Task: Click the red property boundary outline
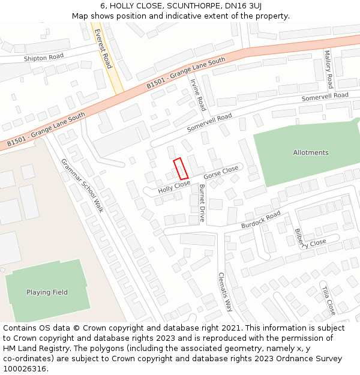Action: [181, 169]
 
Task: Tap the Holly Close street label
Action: [174, 187]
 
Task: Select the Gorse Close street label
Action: [221, 173]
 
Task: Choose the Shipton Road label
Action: [43, 58]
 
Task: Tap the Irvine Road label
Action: [198, 95]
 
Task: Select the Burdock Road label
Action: [261, 220]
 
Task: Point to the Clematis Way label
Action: [225, 292]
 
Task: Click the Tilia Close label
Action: [328, 300]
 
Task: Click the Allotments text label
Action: [311, 152]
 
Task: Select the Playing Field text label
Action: [47, 292]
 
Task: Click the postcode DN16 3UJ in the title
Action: [239, 6]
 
